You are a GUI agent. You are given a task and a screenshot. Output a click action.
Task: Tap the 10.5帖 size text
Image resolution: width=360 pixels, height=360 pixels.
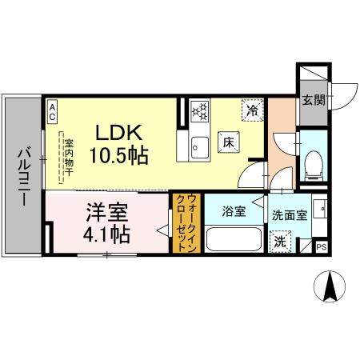(121, 154)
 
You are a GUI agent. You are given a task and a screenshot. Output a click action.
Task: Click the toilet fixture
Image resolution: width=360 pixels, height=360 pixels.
(314, 162)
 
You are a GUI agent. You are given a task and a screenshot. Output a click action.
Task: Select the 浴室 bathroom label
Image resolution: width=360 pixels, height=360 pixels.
(234, 212)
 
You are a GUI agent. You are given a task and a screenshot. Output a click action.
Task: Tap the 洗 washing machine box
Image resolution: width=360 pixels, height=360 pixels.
(280, 241)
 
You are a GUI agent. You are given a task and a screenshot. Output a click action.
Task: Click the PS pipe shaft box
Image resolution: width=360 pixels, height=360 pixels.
(322, 247)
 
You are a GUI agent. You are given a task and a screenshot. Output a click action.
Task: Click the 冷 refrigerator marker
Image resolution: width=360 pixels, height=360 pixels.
(252, 110)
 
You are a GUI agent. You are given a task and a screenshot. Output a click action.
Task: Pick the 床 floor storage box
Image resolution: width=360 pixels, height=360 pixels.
(227, 142)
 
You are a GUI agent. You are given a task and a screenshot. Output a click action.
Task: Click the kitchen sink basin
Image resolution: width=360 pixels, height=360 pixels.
(198, 146)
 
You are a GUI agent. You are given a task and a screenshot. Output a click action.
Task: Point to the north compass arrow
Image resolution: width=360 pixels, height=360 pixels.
(329, 286)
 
